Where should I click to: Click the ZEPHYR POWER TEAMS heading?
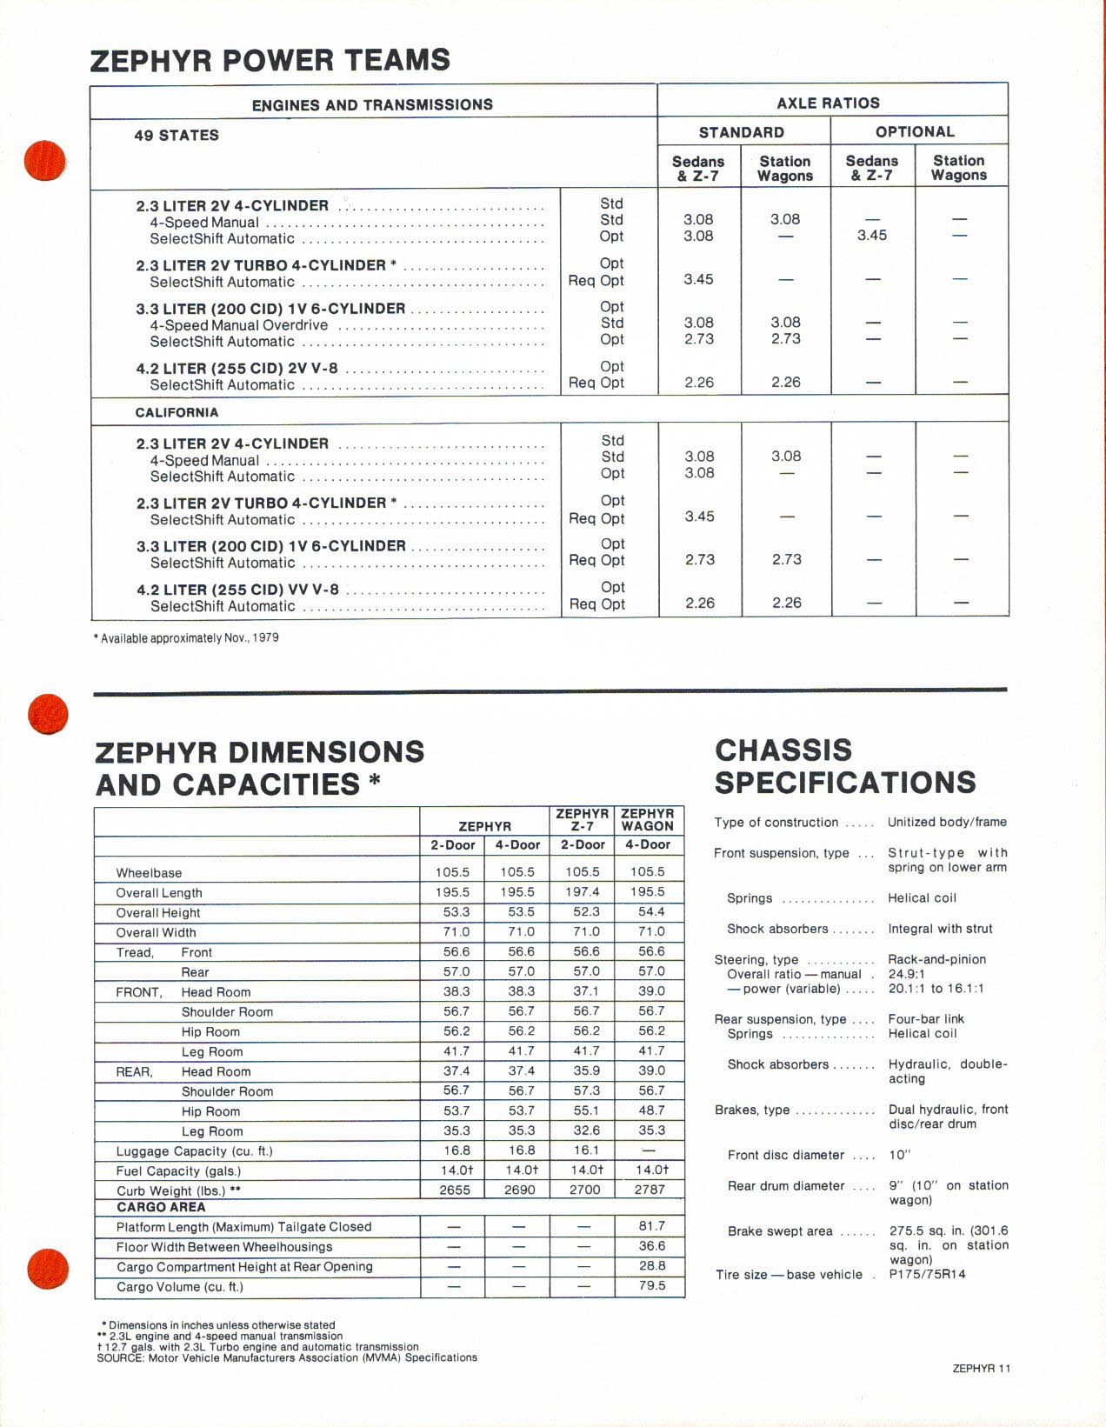[270, 60]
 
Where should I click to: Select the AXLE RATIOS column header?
[828, 103]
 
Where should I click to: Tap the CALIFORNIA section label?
[177, 412]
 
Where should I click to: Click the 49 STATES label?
[177, 135]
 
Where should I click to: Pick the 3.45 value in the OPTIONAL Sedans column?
[872, 235]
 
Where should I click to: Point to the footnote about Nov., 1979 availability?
[185, 637]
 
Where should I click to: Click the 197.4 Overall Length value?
[582, 891]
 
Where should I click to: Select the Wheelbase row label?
[149, 872]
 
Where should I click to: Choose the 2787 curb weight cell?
[650, 1190]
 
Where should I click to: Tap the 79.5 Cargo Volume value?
[651, 1285]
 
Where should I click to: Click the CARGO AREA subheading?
[161, 1207]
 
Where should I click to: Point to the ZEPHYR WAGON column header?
[648, 820]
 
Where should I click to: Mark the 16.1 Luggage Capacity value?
[582, 1150]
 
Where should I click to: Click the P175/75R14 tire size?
[927, 1274]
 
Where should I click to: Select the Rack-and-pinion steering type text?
[936, 959]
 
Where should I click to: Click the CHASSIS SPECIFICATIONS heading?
[844, 766]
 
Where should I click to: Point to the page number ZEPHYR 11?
[982, 1369]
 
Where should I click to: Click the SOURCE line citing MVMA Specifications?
[287, 1357]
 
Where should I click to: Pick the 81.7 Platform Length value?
[651, 1225]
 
